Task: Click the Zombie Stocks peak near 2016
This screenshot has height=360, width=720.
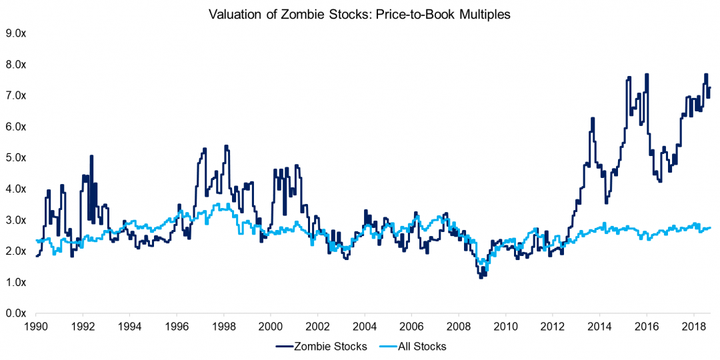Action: [646, 75]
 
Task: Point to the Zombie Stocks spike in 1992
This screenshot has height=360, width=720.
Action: [91, 157]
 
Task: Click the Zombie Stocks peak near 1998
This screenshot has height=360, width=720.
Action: [226, 146]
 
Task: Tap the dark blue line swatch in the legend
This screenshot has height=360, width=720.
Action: [285, 346]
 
